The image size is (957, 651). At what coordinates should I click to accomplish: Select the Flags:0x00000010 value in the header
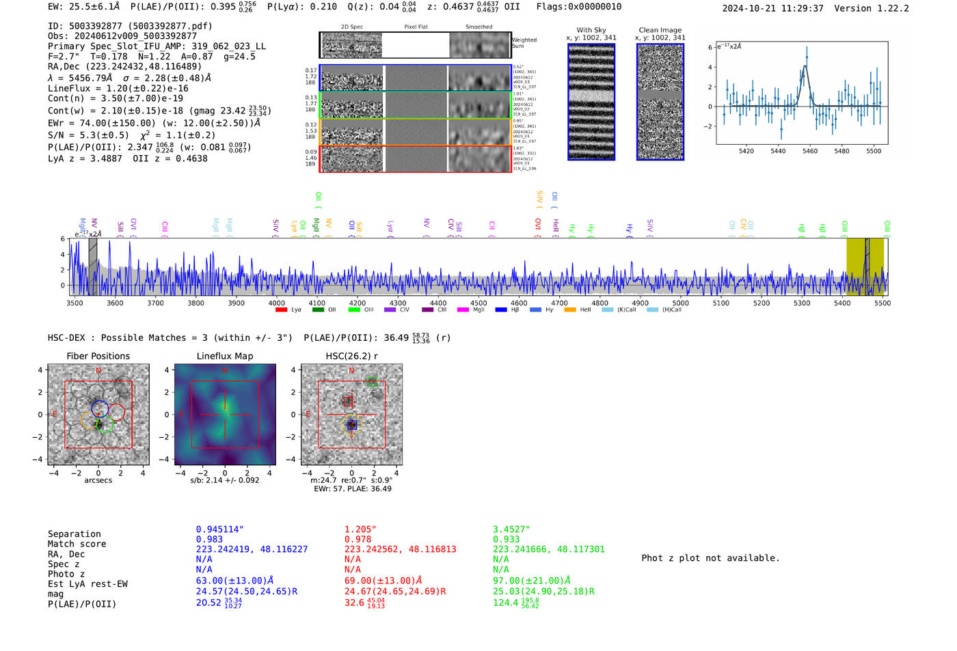coord(578,6)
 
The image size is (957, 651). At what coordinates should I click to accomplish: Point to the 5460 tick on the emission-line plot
coord(809,151)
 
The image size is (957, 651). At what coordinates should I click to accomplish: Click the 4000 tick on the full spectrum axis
coord(276,303)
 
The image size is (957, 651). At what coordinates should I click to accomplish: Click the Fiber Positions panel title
coord(98,356)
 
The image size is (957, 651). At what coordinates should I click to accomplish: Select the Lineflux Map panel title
coord(224,356)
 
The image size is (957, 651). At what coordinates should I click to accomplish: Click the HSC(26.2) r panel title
coord(351,356)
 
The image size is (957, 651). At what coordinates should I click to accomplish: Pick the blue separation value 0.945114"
coord(219,529)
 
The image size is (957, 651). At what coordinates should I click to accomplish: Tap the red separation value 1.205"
coord(360,529)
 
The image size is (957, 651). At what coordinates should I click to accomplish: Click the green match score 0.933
coord(506,540)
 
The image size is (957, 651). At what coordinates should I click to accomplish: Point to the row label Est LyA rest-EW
coord(87,584)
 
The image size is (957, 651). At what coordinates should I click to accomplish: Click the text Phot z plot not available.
coord(710,558)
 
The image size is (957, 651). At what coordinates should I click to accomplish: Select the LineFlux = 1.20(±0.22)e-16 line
coord(118,88)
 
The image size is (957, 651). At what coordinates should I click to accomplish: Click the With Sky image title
coord(591,30)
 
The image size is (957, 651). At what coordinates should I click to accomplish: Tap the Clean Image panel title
coord(660,30)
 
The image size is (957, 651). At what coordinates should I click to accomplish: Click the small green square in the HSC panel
coord(372,381)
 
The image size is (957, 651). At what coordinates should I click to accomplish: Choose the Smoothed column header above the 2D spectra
coord(478,27)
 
